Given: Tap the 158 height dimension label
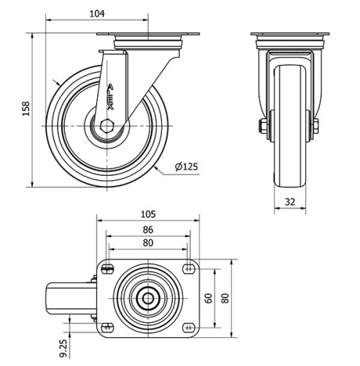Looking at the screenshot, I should click(x=27, y=109).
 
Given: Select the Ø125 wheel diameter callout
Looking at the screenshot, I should click(x=186, y=167).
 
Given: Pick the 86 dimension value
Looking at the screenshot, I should click(x=148, y=230).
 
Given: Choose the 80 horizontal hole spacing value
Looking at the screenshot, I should click(x=148, y=243).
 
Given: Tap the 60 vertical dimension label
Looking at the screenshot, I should click(x=208, y=298).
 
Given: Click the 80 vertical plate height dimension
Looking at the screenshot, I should click(x=225, y=298).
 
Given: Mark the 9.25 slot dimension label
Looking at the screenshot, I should click(x=64, y=347).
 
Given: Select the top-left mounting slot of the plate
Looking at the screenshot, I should click(x=108, y=269).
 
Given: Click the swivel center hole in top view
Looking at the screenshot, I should click(x=148, y=298).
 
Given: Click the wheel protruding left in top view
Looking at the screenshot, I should click(x=68, y=298).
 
